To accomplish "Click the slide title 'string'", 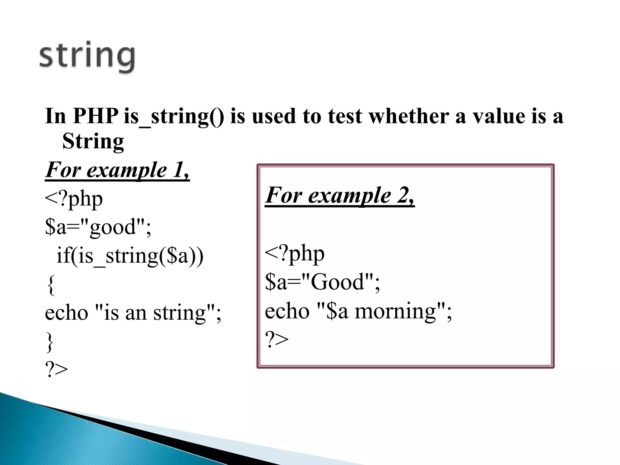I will [87, 57].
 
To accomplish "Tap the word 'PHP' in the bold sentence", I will [96, 116].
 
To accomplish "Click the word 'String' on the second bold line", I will [93, 141].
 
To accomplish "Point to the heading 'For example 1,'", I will [117, 170].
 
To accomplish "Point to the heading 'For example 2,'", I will [340, 196].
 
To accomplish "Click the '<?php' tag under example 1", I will [74, 199].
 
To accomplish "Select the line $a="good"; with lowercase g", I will [97, 227].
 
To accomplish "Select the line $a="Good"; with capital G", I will [322, 282].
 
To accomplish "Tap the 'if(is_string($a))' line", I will [130, 256].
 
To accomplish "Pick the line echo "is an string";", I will [133, 313].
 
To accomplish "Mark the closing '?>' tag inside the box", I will [276, 339].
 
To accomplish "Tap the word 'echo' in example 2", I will [287, 311].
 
